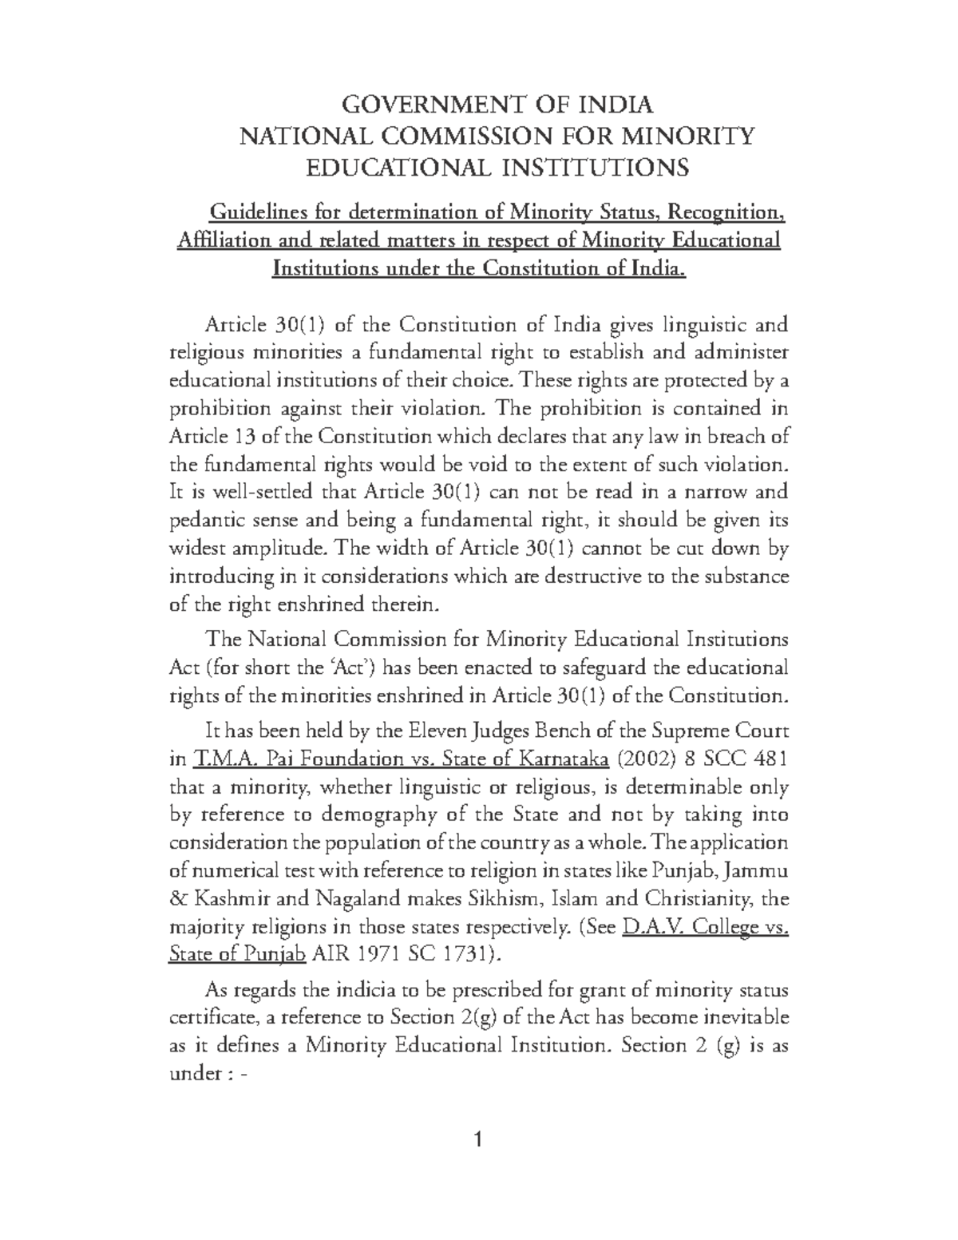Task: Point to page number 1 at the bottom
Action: (x=479, y=1139)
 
